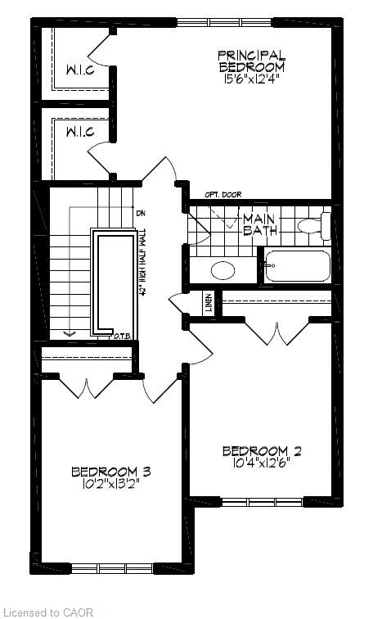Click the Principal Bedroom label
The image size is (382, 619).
pos(251,61)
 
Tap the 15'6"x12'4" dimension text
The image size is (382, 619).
pos(251,79)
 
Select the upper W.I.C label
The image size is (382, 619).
pos(80,70)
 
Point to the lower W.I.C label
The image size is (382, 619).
pos(80,132)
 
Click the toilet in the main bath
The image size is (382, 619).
pos(314,226)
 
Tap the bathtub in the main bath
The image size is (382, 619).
pos(297,265)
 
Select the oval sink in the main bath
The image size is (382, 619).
pos(223,270)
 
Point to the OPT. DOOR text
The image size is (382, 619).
pos(223,195)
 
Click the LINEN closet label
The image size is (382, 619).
pos(208,303)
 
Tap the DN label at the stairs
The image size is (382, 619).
pos(141,213)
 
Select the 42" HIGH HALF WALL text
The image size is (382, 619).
pos(142,263)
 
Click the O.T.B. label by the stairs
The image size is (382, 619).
pos(123,337)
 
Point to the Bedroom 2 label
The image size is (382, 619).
pos(262,451)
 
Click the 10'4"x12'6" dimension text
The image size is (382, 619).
pos(262,463)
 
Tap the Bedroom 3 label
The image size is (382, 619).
pos(111,472)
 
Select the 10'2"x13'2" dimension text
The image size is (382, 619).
pos(111,484)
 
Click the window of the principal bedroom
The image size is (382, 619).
pos(225,22)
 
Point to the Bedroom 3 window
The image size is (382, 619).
pos(112,568)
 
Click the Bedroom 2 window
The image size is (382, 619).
pos(262,502)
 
